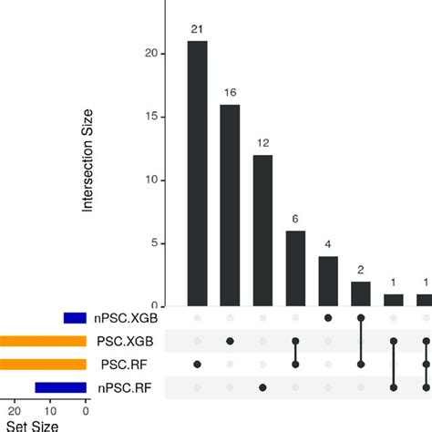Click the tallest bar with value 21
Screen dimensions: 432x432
pos(198,173)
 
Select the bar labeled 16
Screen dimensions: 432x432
pos(230,205)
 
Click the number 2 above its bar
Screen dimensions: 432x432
pos(361,270)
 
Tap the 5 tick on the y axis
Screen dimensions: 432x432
pos(161,243)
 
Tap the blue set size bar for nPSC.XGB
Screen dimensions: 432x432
pos(75,319)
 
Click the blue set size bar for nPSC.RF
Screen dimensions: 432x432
pos(60,387)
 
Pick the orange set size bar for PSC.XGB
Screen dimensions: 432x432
pos(42,342)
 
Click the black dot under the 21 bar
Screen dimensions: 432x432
pos(198,365)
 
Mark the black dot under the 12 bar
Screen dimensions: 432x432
pos(262,387)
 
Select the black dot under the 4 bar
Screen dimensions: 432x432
pos(328,319)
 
